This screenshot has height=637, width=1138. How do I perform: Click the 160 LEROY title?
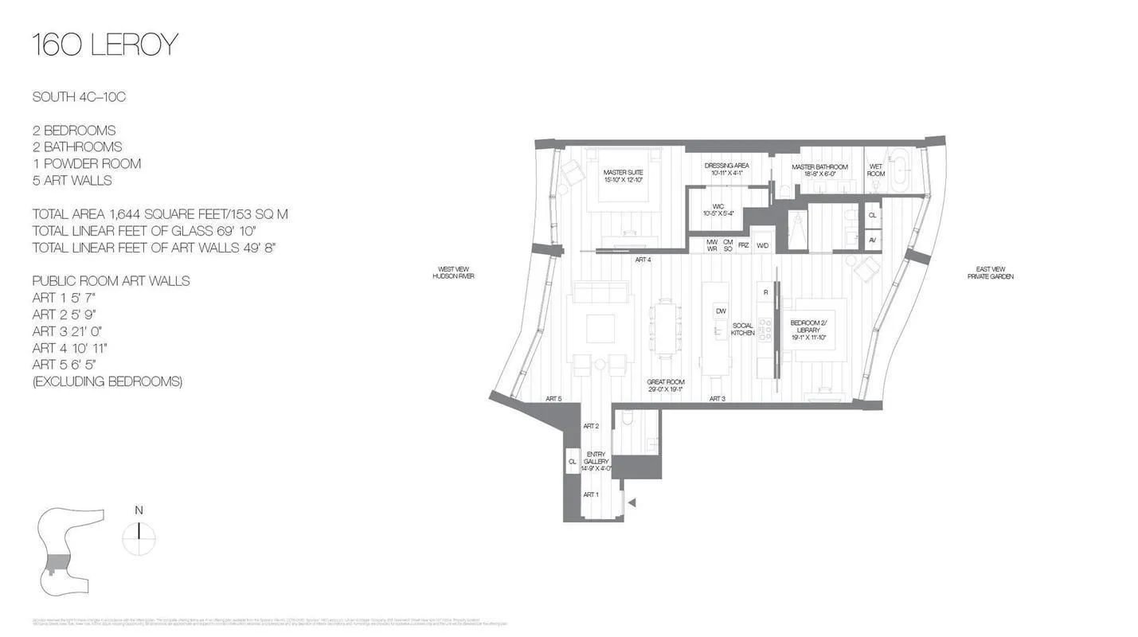click(104, 45)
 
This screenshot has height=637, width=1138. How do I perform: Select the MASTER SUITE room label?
click(623, 176)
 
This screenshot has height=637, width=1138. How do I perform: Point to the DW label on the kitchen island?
click(720, 311)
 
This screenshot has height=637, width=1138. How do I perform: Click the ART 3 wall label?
click(717, 398)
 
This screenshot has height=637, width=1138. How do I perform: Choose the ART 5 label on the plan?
click(553, 398)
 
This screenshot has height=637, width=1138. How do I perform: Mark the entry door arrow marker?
click(632, 502)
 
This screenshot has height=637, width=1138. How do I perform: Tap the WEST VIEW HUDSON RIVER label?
click(453, 272)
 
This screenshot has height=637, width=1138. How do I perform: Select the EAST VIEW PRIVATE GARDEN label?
click(990, 272)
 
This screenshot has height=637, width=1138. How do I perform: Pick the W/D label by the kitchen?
click(762, 245)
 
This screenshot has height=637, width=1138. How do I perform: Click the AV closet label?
click(872, 240)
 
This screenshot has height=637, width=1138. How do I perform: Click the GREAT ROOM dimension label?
click(666, 386)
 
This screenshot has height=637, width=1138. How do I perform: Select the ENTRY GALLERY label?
click(596, 461)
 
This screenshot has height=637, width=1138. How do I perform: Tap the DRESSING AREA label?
click(725, 169)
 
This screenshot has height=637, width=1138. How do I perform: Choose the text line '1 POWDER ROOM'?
click(86, 163)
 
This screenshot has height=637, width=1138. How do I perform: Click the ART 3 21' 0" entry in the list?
click(67, 330)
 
